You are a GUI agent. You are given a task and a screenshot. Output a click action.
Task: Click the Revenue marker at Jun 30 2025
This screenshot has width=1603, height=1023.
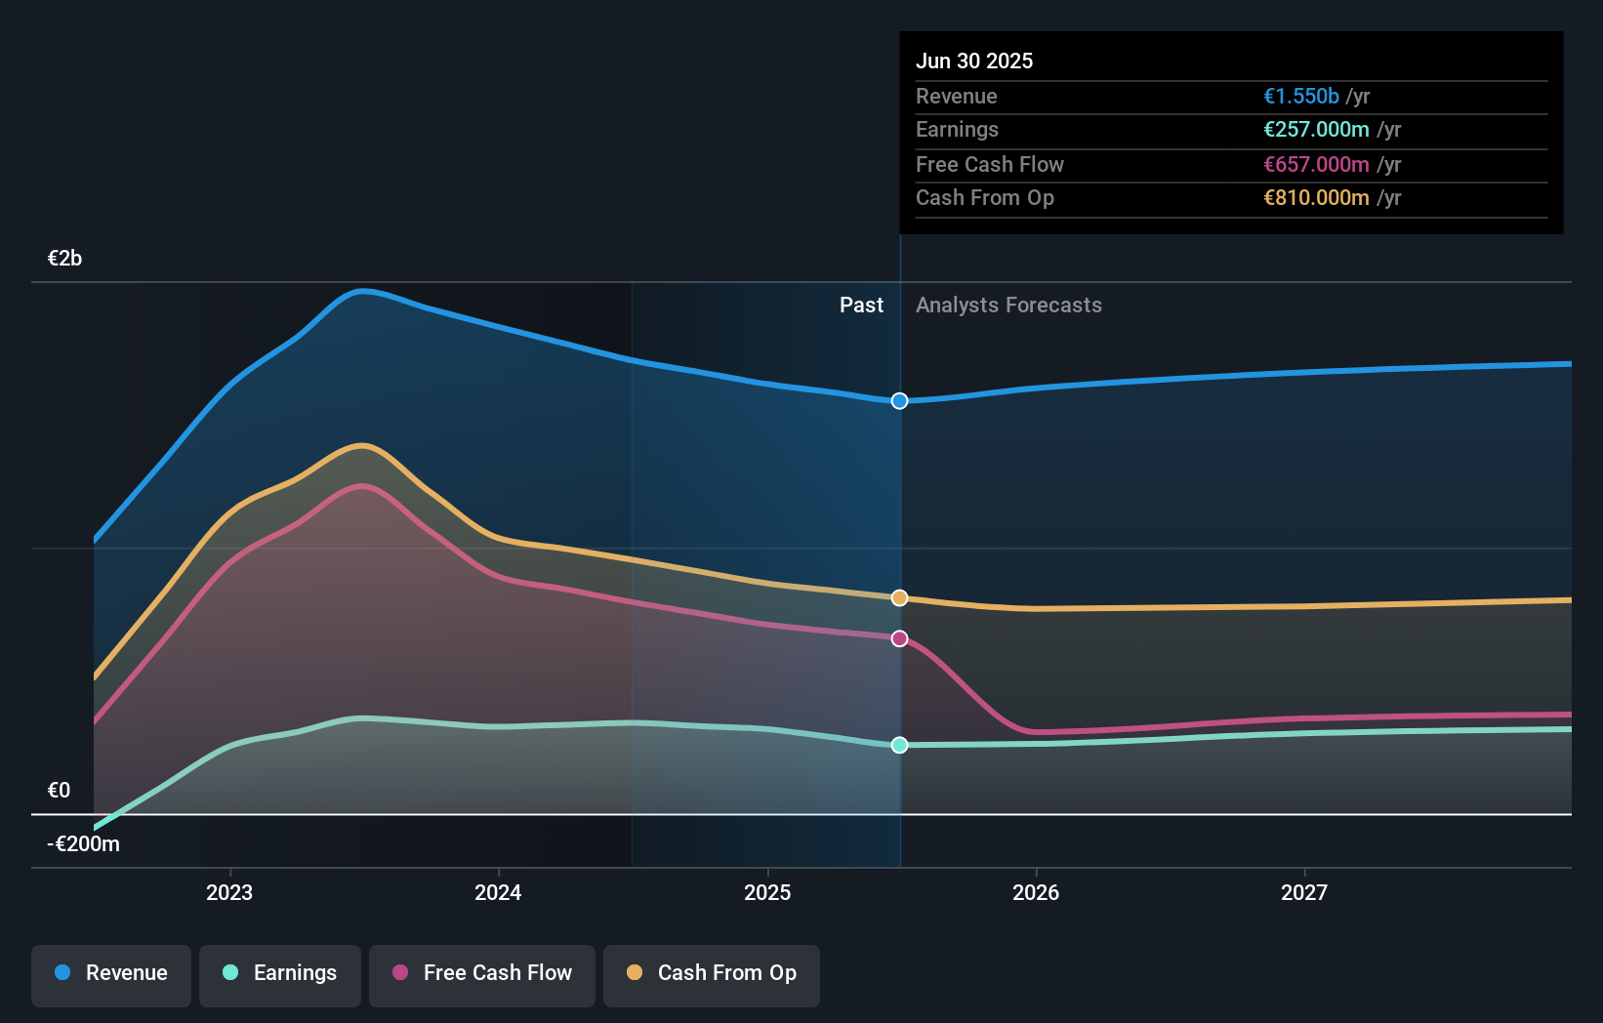(899, 401)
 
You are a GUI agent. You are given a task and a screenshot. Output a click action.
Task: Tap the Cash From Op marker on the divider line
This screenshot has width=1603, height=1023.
(899, 597)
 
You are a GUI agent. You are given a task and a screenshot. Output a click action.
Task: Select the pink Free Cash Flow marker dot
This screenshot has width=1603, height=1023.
(899, 638)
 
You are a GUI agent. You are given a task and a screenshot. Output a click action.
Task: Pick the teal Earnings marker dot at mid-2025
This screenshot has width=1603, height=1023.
(899, 745)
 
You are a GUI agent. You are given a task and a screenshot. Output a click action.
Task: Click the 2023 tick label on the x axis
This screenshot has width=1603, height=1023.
(229, 892)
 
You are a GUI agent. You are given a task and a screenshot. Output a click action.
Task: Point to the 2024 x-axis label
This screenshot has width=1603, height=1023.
(498, 892)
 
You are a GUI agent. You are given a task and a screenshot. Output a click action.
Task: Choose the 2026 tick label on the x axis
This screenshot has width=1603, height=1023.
(1036, 892)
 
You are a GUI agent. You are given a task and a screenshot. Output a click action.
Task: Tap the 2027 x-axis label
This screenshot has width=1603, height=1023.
(1304, 892)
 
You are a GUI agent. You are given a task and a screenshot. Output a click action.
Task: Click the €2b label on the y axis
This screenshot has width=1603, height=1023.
(64, 259)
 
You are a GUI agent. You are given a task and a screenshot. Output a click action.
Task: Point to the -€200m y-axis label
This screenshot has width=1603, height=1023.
(84, 844)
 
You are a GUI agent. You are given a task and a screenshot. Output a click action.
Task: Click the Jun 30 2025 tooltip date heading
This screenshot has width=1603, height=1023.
(974, 61)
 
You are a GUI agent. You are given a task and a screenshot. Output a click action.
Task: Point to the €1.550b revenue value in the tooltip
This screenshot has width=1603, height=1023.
(1301, 96)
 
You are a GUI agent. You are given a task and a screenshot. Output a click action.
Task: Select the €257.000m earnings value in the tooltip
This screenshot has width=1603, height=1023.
(1316, 129)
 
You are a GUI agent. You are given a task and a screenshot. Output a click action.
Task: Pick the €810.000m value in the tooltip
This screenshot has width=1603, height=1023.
(1316, 197)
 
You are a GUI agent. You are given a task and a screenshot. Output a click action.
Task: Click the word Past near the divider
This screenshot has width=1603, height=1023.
(861, 306)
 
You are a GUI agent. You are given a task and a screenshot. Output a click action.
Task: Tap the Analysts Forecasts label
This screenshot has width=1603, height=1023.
(1008, 306)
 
